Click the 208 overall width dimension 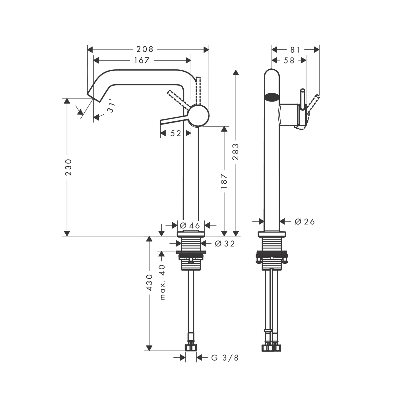pos(145,49)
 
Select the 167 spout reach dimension pos(142,60)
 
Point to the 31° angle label pos(111,106)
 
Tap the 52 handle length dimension pos(176,133)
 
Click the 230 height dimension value pos(69,167)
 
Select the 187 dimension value pos(224,181)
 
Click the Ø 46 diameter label pos(190,225)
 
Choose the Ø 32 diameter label pos(225,244)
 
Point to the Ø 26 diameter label pos(305,221)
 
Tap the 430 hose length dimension pos(149,282)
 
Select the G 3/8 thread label pos(225,358)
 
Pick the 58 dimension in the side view pos(289,60)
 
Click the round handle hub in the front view pos(198,115)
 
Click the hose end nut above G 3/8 pos(191,347)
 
